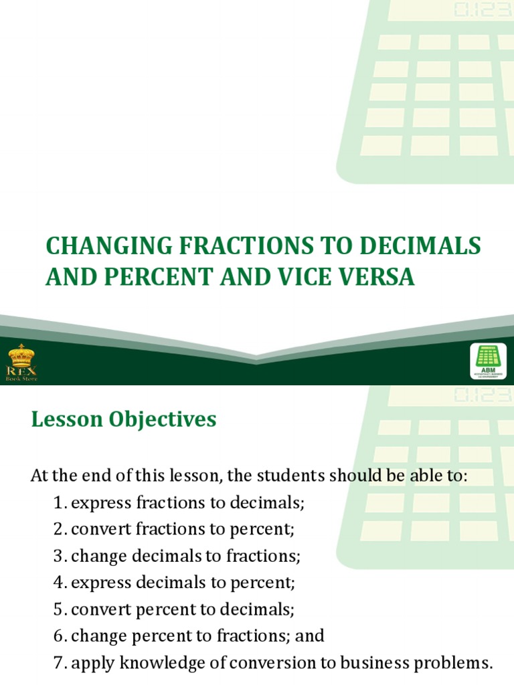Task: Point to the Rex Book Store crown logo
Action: [x=22, y=361]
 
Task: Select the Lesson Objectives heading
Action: [x=124, y=419]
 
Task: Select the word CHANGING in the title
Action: [x=94, y=246]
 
